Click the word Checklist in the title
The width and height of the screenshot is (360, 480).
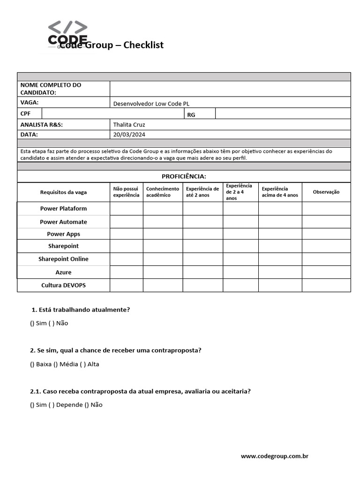[x=143, y=45]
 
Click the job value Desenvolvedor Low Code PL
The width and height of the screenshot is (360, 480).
[x=151, y=104]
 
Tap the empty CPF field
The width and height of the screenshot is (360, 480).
[x=112, y=114]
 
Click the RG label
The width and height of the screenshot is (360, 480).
[x=191, y=115]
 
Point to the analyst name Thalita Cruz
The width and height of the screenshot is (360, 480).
[x=129, y=125]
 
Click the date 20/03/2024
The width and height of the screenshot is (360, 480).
[x=129, y=135]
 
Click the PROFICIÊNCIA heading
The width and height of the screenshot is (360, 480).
[x=184, y=176]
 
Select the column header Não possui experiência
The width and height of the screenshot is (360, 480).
[x=126, y=192]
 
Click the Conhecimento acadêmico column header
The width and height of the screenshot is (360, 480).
[x=163, y=192]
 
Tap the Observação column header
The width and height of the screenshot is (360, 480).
[x=326, y=192]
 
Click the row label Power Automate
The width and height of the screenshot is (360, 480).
[x=63, y=222]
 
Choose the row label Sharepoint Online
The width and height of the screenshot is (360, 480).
[x=63, y=259]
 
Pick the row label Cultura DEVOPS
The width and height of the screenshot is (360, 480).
[x=63, y=285]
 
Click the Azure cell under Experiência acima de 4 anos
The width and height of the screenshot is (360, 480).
[x=280, y=272]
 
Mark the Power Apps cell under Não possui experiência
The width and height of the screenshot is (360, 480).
[x=126, y=234]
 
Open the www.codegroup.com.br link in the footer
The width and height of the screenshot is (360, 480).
[x=274, y=456]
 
